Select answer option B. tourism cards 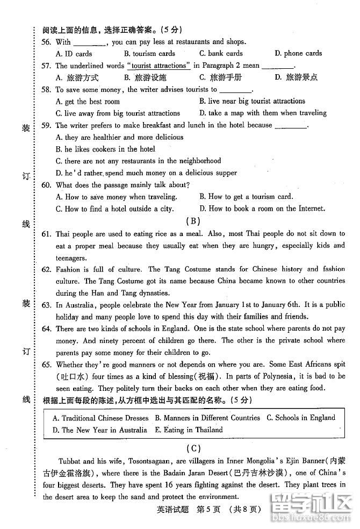tap(149, 54)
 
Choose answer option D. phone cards tap(298, 53)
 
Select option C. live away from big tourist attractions tap(118, 113)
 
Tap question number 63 tap(46, 305)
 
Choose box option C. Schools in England tap(301, 418)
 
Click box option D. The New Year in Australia tap(99, 430)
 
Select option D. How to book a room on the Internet tap(262, 209)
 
